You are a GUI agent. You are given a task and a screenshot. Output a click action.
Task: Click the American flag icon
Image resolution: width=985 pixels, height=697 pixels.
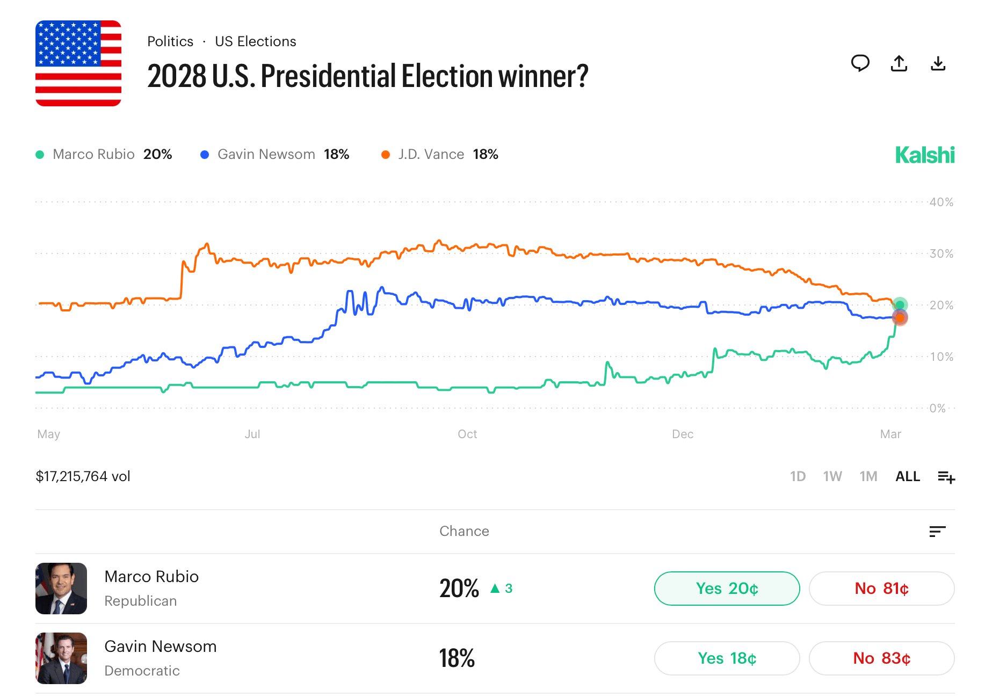pos(78,63)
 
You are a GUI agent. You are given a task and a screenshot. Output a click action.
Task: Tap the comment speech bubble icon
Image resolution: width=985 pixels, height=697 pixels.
pos(860,63)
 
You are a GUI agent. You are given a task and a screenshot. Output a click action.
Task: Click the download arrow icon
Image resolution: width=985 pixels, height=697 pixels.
pos(938,63)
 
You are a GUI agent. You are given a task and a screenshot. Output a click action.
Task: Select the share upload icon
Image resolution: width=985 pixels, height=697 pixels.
pos(899,63)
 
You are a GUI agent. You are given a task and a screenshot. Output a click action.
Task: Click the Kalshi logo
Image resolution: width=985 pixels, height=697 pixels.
pos(924,155)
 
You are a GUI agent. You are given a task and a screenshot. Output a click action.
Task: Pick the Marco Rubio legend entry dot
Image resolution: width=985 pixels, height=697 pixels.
pos(40,155)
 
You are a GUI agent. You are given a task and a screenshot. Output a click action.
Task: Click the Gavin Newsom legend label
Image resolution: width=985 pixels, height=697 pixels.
pos(266,155)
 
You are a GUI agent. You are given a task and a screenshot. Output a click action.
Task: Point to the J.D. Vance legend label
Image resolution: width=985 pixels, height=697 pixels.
pos(431,155)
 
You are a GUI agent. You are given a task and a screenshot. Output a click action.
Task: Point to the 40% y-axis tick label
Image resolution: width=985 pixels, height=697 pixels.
pos(941,202)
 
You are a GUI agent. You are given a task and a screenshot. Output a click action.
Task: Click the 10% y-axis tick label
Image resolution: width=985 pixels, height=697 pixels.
pos(941,357)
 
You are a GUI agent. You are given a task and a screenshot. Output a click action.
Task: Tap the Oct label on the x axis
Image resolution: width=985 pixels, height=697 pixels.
pos(467,434)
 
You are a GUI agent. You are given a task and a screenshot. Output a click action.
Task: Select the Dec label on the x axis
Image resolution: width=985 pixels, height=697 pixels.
pos(683,434)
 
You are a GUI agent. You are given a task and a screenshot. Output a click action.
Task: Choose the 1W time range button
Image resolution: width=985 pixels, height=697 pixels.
pos(832,476)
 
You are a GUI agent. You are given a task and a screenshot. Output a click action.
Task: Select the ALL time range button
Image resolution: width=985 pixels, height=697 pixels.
pos(908,476)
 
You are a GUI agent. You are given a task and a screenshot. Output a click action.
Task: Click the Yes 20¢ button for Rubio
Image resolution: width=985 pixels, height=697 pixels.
pos(727,589)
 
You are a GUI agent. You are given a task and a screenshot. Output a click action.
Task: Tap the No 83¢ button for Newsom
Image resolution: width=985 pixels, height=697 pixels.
pos(881,658)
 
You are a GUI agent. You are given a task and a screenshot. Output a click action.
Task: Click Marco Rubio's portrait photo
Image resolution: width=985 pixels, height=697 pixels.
pos(61,589)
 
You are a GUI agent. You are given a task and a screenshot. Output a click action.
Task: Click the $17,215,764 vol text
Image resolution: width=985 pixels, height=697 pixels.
pos(83,476)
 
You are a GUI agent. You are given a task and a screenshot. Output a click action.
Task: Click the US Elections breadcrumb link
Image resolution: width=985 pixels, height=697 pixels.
pos(255,41)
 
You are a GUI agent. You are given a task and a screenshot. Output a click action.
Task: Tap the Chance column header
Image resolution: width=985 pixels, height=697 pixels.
pos(464,531)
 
